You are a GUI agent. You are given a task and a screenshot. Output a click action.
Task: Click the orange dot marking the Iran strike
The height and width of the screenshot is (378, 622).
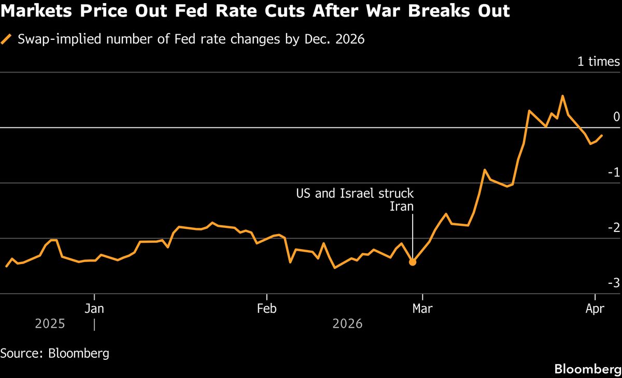[413, 262]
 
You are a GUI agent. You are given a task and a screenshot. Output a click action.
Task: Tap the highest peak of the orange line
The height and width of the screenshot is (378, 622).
[563, 96]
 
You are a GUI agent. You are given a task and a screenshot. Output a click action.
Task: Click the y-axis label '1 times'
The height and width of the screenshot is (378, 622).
[599, 62]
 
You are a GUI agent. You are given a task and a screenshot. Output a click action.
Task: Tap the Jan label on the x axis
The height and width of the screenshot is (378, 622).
[94, 309]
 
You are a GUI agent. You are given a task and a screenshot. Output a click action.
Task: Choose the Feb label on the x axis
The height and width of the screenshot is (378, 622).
[266, 309]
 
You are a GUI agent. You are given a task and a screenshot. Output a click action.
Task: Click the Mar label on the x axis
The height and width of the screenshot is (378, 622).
[423, 309]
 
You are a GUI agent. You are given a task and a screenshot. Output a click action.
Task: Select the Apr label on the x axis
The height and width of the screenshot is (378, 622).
[595, 309]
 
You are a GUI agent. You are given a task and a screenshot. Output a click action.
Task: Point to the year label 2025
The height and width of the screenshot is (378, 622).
[50, 324]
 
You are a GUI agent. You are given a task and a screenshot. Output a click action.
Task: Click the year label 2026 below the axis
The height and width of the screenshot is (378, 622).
[348, 324]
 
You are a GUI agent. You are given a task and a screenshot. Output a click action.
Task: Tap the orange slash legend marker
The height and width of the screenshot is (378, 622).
[6, 39]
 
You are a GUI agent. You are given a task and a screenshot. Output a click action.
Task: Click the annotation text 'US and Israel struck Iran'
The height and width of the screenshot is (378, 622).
[355, 200]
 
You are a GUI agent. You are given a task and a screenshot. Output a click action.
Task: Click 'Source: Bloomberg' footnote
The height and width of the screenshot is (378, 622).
[55, 354]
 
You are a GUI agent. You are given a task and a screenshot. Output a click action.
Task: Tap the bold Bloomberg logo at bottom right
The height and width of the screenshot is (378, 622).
[587, 369]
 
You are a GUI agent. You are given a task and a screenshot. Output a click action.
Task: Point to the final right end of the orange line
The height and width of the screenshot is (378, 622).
[602, 136]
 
